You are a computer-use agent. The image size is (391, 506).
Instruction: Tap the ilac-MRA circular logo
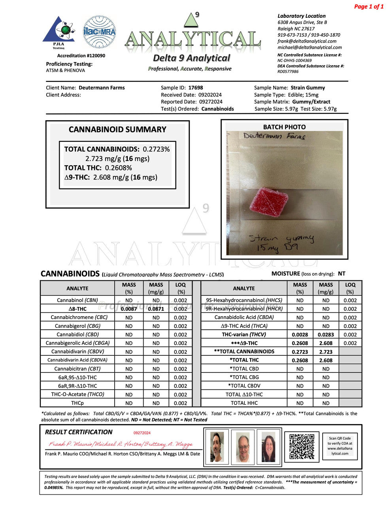tap(99, 32)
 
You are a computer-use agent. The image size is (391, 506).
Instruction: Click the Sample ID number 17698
tap(196, 88)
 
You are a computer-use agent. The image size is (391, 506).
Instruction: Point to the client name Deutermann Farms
tap(102, 88)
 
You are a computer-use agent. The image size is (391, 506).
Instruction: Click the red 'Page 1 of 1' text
tap(368, 6)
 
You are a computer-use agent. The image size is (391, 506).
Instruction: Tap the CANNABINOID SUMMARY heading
tap(117, 130)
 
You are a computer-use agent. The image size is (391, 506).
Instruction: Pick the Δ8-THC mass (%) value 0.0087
tap(129, 309)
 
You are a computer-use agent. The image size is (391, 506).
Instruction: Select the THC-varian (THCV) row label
tap(244, 334)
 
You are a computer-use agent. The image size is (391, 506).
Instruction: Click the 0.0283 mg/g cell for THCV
tap(325, 334)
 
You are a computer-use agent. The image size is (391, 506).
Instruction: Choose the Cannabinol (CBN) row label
tap(77, 300)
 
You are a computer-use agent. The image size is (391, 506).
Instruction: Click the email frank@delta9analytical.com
tap(307, 41)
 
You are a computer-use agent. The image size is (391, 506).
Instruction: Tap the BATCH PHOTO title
tap(284, 127)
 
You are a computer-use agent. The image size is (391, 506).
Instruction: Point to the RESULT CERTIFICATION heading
tap(79, 432)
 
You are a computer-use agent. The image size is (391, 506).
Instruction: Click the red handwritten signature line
tap(121, 444)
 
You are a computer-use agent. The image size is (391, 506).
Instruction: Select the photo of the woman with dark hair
tap(268, 447)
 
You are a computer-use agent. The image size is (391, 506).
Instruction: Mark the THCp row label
tap(77, 403)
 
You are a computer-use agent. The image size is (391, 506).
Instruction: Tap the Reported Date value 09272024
tap(211, 102)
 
